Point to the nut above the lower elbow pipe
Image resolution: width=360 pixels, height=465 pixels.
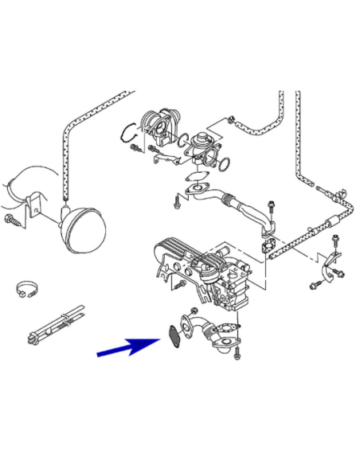point(194,310)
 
